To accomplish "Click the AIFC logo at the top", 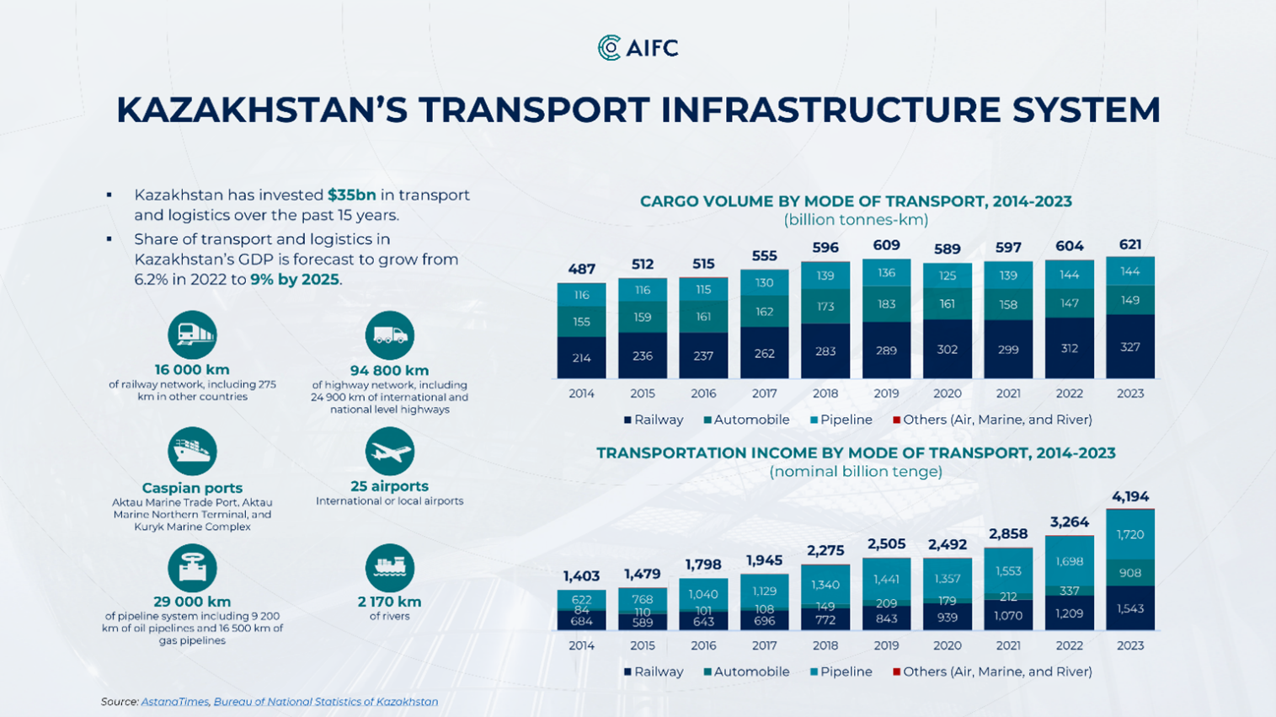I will [x=638, y=48].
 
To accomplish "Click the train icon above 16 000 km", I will [x=192, y=334].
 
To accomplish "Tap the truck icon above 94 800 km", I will [x=389, y=335].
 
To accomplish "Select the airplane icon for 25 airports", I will [x=389, y=452].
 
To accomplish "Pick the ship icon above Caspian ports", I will [x=192, y=452].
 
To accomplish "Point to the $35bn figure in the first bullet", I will [x=352, y=195].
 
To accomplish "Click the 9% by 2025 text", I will [x=295, y=279].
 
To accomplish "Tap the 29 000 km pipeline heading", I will [x=192, y=602].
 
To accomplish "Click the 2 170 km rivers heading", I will [x=389, y=602].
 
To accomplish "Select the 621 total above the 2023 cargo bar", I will [x=1129, y=244].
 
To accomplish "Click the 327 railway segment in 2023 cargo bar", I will [x=1129, y=347].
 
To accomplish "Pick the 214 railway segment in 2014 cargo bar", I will [x=581, y=357].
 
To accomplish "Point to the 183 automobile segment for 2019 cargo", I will [x=886, y=303].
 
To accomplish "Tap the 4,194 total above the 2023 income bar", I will [x=1129, y=496].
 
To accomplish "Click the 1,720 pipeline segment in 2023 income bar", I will [x=1129, y=534].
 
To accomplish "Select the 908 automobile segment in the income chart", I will [x=1129, y=573].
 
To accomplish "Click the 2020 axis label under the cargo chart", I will [x=947, y=393].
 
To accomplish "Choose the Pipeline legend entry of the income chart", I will [x=841, y=672].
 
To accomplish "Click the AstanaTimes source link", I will [x=174, y=701].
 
